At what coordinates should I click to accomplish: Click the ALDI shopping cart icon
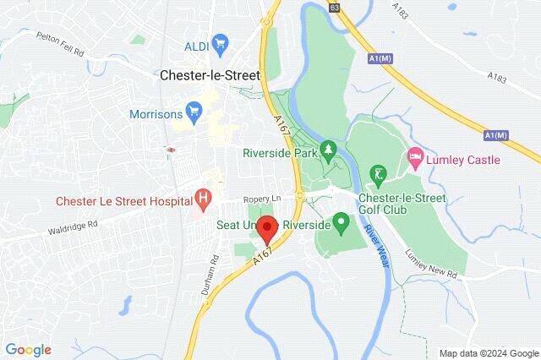pos(221,42)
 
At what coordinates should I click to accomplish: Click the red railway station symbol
pos(170,149)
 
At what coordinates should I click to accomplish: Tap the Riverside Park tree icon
pos(329,150)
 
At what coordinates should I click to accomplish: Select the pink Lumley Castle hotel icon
pos(415,156)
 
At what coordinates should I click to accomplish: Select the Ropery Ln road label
pos(261,198)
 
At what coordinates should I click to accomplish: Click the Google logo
pos(28,349)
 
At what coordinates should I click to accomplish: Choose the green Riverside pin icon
pos(341,224)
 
